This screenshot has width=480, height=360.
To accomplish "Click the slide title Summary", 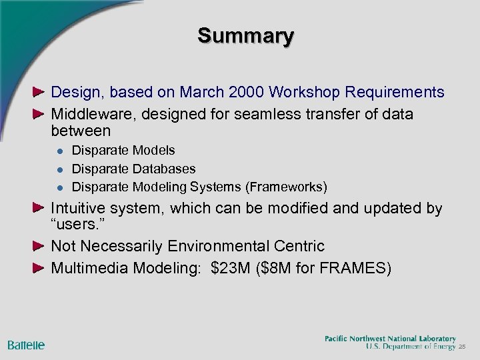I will click(x=245, y=36).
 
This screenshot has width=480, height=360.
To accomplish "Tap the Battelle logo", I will click(x=26, y=345).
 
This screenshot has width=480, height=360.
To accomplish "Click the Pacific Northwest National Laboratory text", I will click(x=390, y=339).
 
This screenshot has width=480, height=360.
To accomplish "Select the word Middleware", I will click(x=90, y=114).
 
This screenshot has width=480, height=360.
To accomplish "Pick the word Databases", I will click(x=163, y=169).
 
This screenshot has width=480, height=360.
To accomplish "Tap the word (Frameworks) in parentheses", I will click(x=287, y=186).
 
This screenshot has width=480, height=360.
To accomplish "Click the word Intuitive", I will click(x=79, y=209).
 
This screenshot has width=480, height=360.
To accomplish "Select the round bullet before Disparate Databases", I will click(x=58, y=169).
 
